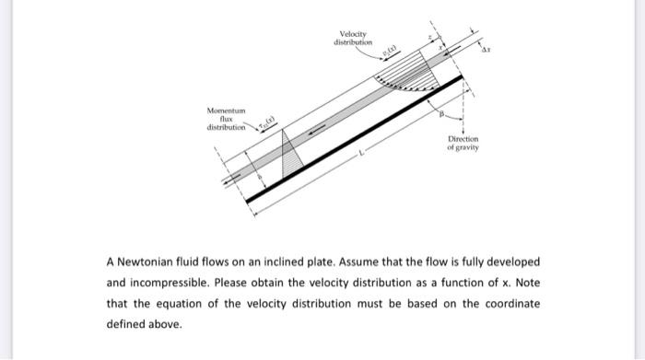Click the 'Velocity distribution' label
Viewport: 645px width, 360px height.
pos(354,39)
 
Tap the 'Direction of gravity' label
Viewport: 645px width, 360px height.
pos(463,146)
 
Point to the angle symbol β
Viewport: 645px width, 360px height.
pos(442,113)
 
